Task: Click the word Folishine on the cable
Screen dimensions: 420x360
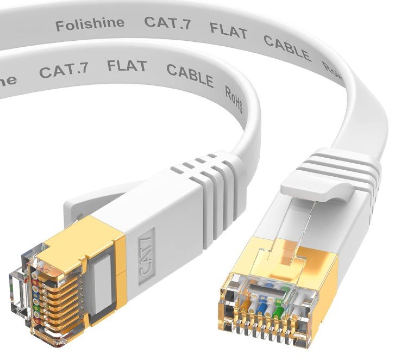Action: click(x=89, y=23)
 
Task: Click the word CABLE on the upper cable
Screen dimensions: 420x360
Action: click(x=287, y=46)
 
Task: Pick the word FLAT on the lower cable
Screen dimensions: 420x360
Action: click(x=127, y=67)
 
